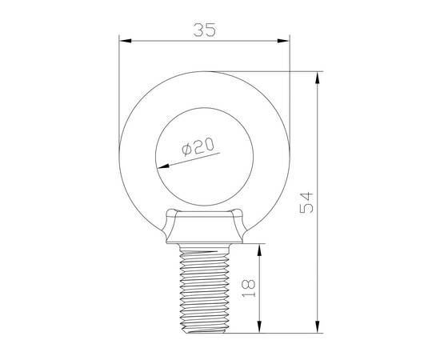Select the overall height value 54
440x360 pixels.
(305, 202)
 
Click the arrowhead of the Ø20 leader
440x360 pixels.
(159, 167)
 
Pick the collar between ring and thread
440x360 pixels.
(204, 228)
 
